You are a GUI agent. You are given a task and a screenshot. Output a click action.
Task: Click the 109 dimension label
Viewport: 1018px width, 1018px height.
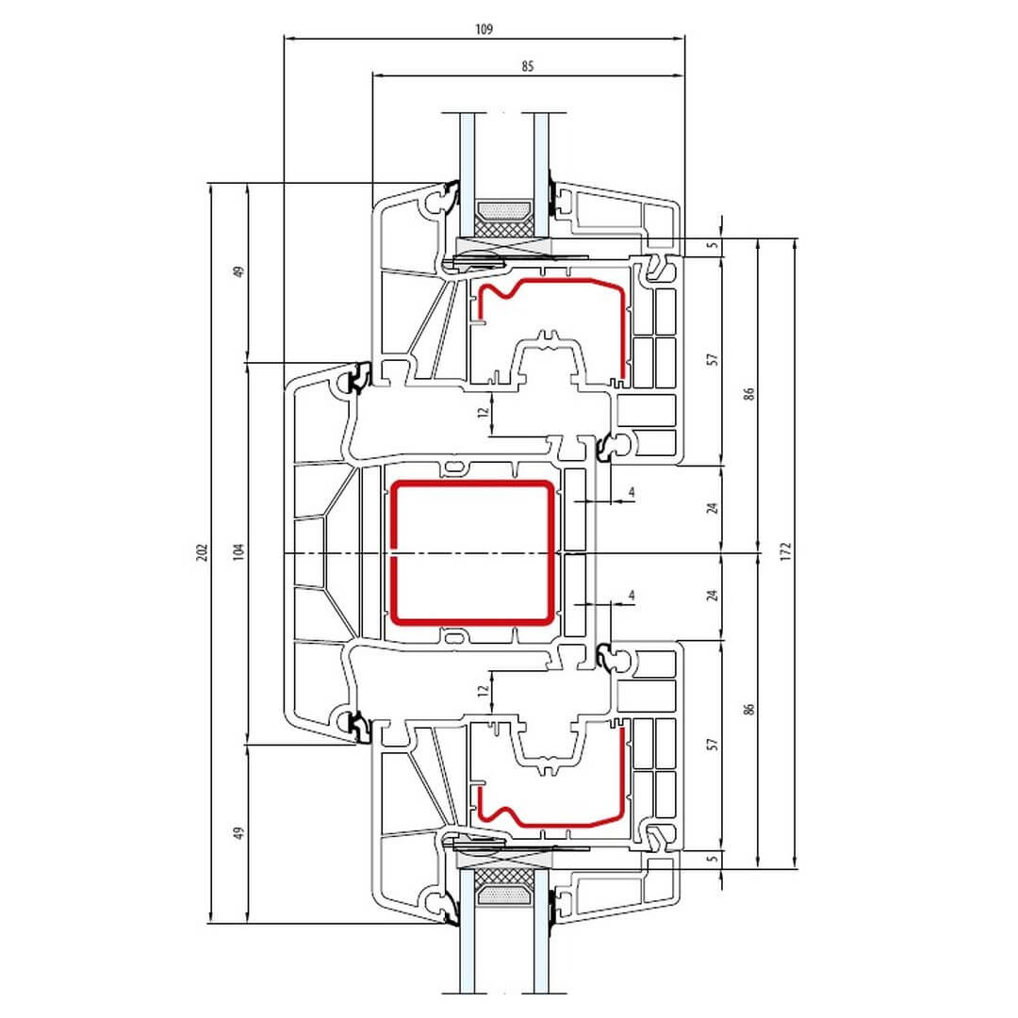pyautogui.click(x=484, y=29)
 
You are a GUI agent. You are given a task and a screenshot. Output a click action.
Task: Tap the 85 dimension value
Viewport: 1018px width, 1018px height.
pyautogui.click(x=527, y=66)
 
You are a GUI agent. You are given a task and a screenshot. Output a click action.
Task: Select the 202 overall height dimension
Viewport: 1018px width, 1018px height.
pyautogui.click(x=202, y=552)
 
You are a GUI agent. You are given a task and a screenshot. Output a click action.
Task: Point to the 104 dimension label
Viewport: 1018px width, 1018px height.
pyautogui.click(x=238, y=552)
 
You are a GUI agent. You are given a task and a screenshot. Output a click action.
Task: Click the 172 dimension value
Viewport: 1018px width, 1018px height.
pyautogui.click(x=786, y=551)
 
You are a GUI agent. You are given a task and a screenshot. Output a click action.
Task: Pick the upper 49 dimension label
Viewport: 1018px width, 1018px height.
pyautogui.click(x=238, y=272)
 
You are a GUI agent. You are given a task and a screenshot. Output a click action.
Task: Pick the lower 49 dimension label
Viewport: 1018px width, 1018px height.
pyautogui.click(x=238, y=833)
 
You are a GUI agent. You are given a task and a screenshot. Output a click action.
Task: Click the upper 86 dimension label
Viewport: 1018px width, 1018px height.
pyautogui.click(x=749, y=394)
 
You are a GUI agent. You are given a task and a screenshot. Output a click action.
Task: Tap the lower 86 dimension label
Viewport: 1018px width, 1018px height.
pyautogui.click(x=749, y=709)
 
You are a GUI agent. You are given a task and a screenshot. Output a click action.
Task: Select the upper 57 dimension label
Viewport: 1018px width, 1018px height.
pyautogui.click(x=713, y=360)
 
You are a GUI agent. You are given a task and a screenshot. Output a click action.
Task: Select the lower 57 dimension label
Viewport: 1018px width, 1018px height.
pyautogui.click(x=713, y=744)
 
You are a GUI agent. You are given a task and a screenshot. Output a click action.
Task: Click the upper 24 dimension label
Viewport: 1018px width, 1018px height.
pyautogui.click(x=713, y=508)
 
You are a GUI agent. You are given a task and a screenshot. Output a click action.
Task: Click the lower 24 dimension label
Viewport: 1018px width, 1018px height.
pyautogui.click(x=713, y=596)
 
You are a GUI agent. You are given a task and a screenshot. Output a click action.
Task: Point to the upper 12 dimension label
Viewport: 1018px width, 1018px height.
pyautogui.click(x=483, y=412)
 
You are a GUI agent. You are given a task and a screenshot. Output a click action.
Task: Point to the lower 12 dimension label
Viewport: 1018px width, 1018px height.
pyautogui.click(x=483, y=691)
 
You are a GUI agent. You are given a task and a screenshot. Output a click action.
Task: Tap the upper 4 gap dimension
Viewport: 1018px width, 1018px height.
pyautogui.click(x=631, y=492)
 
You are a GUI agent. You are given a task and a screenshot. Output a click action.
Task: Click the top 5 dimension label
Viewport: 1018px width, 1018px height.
pyautogui.click(x=713, y=245)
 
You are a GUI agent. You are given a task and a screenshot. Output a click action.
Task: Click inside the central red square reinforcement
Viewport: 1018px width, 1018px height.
pyautogui.click(x=472, y=552)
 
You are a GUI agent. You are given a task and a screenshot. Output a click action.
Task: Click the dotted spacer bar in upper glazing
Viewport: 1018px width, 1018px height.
pyautogui.click(x=503, y=210)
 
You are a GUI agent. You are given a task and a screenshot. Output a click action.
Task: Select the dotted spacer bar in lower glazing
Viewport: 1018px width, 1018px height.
pyautogui.click(x=503, y=896)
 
